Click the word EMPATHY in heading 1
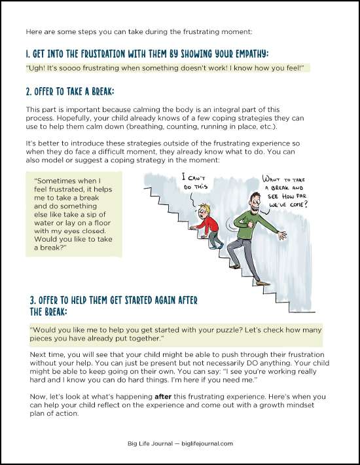(x=252, y=54)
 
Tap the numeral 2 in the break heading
(x=28, y=92)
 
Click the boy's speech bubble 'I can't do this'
(x=194, y=182)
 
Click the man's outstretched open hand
(x=282, y=235)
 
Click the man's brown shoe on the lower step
(x=262, y=283)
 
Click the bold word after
(x=163, y=396)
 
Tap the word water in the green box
(x=44, y=223)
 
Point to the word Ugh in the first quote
(x=33, y=68)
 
